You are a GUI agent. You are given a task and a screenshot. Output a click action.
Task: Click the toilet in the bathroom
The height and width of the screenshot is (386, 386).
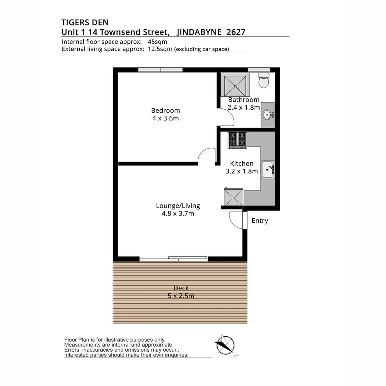264,81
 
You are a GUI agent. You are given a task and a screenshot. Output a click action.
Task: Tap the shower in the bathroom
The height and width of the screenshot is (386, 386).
235,85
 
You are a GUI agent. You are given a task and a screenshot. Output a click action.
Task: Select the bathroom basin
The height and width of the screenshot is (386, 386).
267,115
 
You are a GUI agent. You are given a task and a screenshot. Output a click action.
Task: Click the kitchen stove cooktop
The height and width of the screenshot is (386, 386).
237,140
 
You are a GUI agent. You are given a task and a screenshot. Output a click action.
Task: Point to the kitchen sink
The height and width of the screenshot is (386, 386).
267,170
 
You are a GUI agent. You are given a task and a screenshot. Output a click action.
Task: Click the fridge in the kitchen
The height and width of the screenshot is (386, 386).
233,197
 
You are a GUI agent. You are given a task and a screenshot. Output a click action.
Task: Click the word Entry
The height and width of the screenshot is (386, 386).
259,221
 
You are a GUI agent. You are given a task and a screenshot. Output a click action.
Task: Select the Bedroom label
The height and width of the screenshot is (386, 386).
165,110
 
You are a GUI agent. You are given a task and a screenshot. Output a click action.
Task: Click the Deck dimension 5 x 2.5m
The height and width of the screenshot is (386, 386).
181,296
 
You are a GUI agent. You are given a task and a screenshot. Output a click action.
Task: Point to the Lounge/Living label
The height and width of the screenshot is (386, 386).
178,206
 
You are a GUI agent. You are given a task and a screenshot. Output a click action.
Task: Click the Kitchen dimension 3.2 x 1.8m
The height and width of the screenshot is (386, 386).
242,171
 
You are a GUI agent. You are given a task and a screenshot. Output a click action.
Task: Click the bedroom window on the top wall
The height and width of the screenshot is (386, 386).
160,70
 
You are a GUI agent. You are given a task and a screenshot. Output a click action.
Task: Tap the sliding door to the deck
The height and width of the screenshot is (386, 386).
173,258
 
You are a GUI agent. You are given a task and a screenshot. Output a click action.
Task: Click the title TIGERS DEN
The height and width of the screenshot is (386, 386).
85,23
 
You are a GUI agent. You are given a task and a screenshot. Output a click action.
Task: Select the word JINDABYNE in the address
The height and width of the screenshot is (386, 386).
200,32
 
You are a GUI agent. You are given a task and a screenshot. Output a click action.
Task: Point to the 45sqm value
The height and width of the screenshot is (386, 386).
157,41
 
